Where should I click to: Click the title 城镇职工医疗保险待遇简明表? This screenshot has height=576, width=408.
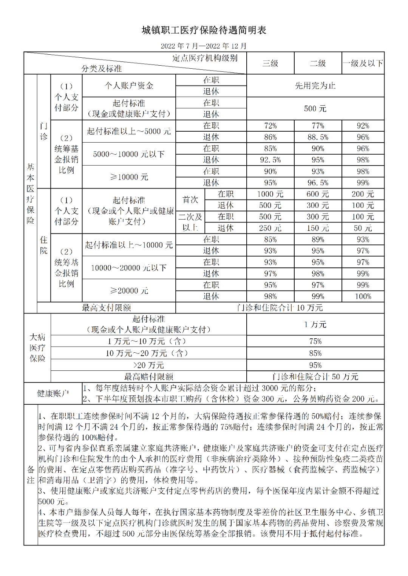pyautogui.click(x=204, y=30)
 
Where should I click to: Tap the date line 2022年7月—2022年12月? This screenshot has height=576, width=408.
pyautogui.click(x=204, y=46)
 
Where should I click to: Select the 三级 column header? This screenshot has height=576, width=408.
pyautogui.click(x=270, y=63)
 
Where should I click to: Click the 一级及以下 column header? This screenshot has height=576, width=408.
pyautogui.click(x=363, y=63)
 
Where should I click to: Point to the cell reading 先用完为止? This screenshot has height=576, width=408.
pyautogui.click(x=315, y=86)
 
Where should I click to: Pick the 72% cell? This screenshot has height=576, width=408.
pyautogui.click(x=270, y=126)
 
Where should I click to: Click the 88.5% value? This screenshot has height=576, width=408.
pyautogui.click(x=318, y=137)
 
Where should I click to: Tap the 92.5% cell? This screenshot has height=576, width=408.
pyautogui.click(x=270, y=160)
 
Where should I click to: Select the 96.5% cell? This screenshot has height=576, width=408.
pyautogui.click(x=318, y=183)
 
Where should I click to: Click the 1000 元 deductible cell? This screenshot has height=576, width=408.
pyautogui.click(x=270, y=194)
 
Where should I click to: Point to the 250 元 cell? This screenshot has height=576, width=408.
pyautogui.click(x=270, y=228)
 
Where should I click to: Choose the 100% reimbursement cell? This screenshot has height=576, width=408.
pyautogui.click(x=363, y=296)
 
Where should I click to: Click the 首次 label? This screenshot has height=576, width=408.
pyautogui.click(x=190, y=200)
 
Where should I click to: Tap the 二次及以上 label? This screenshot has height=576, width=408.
pyautogui.click(x=190, y=222)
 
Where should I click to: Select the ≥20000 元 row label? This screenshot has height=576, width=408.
pyautogui.click(x=129, y=290)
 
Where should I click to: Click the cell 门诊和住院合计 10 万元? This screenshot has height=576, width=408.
pyautogui.click(x=280, y=308)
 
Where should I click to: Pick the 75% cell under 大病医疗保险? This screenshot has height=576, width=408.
pyautogui.click(x=315, y=341)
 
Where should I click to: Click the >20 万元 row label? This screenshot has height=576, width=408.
pyautogui.click(x=148, y=365)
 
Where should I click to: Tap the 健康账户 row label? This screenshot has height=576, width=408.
pyautogui.click(x=53, y=393)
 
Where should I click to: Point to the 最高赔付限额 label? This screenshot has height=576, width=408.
pyautogui.click(x=148, y=376)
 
